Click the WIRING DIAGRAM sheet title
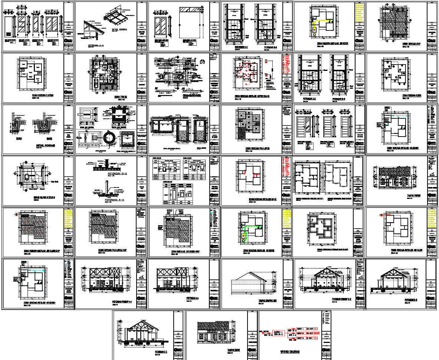[x=290, y=351]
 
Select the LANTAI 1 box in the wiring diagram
[x=279, y=332]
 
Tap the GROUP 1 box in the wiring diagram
[x=300, y=329]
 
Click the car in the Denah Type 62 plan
[x=96, y=83]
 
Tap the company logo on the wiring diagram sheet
[x=326, y=350]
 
